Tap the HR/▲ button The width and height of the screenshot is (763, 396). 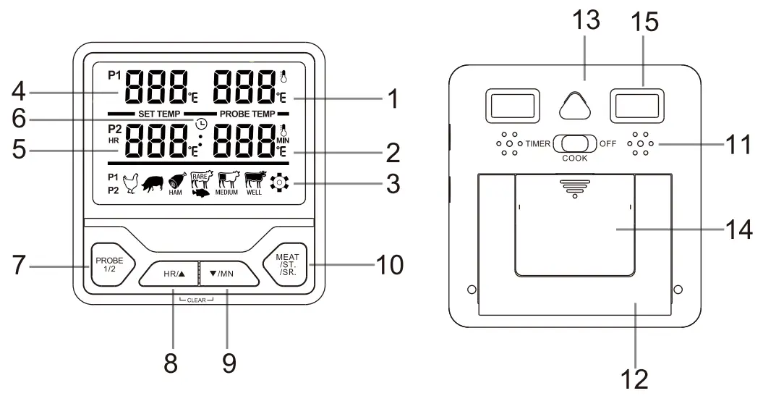[x=171, y=274]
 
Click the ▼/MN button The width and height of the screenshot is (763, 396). [x=227, y=274]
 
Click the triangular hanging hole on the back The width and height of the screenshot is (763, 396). [x=574, y=108]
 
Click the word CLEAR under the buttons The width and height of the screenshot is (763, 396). [x=199, y=300]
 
